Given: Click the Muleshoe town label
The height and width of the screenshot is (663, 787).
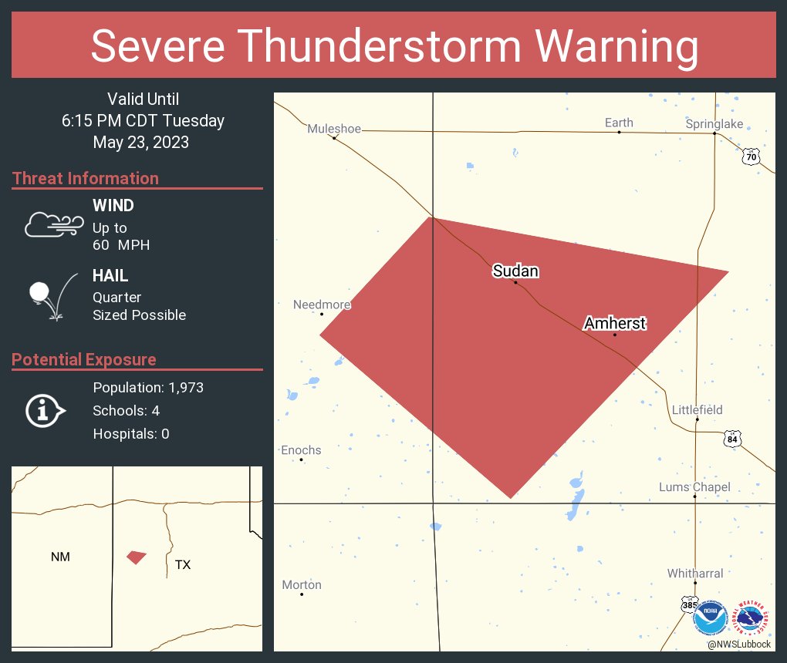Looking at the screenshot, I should [334, 129].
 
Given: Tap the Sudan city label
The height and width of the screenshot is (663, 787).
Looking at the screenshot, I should [515, 271].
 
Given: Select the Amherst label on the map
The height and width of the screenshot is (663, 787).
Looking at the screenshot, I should [614, 323].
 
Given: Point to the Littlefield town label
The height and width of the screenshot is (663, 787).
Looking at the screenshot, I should [697, 409].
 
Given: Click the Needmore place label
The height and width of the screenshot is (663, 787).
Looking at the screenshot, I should [322, 305].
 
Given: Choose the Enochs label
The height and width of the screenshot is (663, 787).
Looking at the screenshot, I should [301, 450].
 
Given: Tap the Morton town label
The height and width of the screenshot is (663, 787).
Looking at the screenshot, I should [302, 585].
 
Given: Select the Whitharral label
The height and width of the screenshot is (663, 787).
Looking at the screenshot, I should [695, 574].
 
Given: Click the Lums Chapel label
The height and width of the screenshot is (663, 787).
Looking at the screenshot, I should [694, 487].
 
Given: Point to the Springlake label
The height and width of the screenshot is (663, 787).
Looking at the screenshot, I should [714, 124].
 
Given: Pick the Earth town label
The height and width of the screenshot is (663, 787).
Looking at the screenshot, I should [619, 123].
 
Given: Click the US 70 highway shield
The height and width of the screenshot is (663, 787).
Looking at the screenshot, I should [751, 157].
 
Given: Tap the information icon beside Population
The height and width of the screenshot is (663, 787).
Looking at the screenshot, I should [45, 411].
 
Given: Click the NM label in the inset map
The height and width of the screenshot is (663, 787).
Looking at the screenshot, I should [60, 557].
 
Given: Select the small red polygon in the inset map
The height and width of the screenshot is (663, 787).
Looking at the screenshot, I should [137, 557].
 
